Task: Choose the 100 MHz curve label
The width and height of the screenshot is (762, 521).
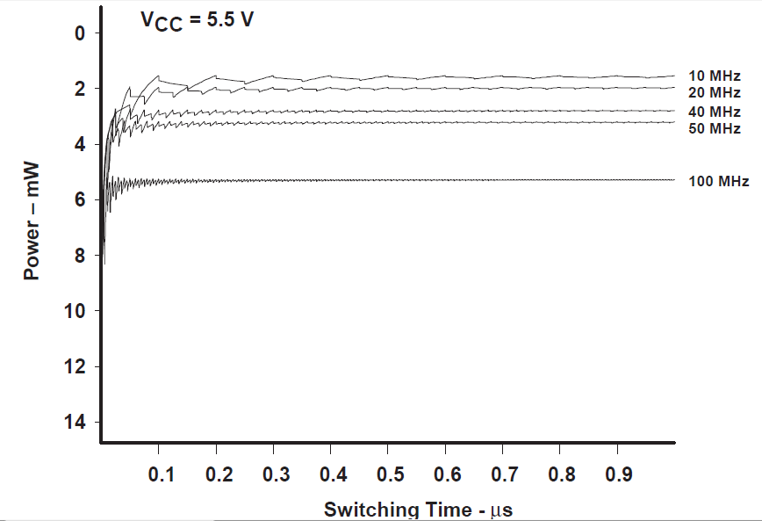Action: click(x=719, y=182)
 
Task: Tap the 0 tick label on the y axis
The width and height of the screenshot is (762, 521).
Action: click(x=82, y=34)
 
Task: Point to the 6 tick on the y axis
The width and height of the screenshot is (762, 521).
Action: click(x=82, y=200)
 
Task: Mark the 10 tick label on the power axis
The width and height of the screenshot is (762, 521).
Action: click(x=77, y=312)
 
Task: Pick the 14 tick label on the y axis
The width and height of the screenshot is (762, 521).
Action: click(x=77, y=423)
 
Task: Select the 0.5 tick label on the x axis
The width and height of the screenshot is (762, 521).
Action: click(x=389, y=475)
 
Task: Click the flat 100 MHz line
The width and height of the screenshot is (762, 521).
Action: click(x=439, y=180)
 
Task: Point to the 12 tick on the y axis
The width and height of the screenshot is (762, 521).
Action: click(x=77, y=367)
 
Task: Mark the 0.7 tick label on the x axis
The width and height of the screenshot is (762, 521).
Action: click(x=504, y=475)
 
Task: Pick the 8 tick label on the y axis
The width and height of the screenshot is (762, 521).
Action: click(x=82, y=256)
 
